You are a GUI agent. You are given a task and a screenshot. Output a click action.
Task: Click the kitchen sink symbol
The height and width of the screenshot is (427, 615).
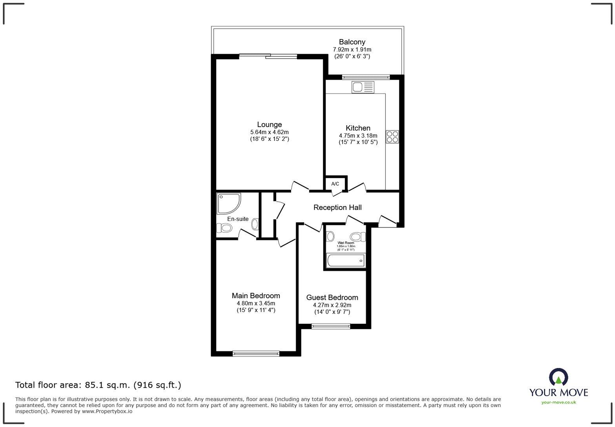coord(363,87)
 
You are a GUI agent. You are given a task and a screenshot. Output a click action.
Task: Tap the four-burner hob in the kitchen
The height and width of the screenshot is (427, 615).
coord(392,137)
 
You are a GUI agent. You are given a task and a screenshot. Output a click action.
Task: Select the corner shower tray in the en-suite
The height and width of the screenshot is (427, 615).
coord(228,203)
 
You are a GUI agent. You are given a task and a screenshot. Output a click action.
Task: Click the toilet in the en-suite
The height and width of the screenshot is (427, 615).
coord(225,228)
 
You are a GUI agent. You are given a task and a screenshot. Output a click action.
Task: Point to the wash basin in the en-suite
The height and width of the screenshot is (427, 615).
coord(255,224)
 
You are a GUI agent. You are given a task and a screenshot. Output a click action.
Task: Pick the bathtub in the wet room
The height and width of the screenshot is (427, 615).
coord(346,261)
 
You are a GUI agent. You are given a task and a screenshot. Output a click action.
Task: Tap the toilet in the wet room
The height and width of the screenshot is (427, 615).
coord(357,237)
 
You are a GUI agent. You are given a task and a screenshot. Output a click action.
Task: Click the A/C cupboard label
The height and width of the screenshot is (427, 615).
coord(335,184)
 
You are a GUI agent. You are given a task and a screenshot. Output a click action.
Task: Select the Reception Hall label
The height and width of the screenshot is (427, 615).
coord(337,207)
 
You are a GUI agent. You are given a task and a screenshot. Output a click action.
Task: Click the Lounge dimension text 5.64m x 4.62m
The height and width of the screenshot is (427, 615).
coord(269,132)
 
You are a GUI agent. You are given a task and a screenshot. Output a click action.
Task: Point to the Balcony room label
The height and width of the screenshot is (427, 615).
coord(352,42)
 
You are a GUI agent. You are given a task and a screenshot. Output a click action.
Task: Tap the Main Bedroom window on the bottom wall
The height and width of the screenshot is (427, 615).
coord(256,354)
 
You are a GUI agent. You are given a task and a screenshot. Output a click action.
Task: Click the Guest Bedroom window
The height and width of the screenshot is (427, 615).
coord(331,326)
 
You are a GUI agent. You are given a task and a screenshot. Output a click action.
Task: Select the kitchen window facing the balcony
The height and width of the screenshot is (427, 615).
coord(366,77)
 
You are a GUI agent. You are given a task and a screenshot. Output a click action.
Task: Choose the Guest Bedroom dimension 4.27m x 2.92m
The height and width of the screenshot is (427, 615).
coord(332,305)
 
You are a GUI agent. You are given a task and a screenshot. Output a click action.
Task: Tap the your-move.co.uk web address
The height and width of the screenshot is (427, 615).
coord(559,402)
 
